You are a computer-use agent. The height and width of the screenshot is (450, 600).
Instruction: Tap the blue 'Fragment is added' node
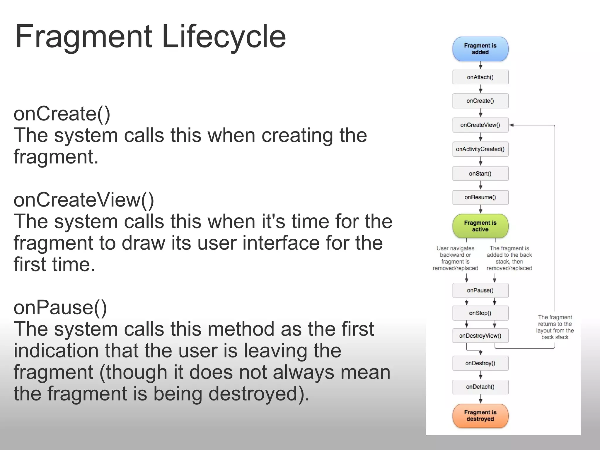tap(480, 49)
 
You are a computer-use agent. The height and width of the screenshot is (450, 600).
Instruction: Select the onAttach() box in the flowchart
tap(480, 77)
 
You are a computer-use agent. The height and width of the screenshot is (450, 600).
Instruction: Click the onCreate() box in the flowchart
tap(480, 101)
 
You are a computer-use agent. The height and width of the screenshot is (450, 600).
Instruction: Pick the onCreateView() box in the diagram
tap(480, 125)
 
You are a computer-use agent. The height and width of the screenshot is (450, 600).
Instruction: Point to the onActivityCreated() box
tap(480, 149)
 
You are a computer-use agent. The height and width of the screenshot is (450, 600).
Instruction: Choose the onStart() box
tap(480, 173)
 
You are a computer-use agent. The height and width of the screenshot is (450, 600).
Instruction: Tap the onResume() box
tap(480, 197)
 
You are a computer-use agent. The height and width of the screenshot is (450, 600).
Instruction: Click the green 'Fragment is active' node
tap(480, 226)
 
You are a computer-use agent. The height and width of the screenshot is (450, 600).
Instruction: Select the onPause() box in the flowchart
tap(480, 290)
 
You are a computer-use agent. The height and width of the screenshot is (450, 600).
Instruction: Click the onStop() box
tap(480, 313)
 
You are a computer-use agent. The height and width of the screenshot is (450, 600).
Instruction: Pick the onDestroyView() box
tap(480, 336)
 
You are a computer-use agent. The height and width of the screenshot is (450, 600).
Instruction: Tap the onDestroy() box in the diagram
tap(480, 363)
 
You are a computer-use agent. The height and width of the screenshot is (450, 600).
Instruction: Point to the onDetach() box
tap(480, 387)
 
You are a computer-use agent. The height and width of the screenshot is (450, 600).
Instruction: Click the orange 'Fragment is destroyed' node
tap(480, 416)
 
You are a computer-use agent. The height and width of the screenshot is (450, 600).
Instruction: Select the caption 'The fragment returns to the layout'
tap(555, 327)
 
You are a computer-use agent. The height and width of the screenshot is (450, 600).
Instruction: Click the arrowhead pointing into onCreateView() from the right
tap(512, 125)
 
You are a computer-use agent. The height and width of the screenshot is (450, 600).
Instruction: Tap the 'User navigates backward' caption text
tap(455, 258)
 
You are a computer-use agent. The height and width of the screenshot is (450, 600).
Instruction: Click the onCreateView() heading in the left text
tap(84, 200)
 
